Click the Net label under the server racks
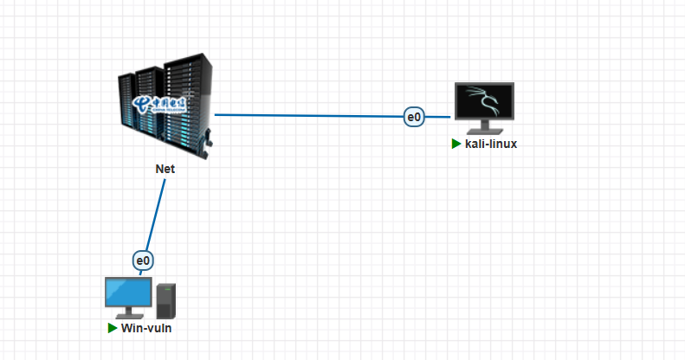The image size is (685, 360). click(x=165, y=169)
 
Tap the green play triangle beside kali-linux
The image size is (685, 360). click(x=456, y=145)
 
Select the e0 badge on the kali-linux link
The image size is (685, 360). click(x=414, y=116)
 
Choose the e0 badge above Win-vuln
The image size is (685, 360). click(x=143, y=260)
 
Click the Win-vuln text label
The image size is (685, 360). click(x=152, y=329)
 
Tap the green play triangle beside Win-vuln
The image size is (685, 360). click(x=112, y=329)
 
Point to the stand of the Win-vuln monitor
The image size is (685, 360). click(x=128, y=314)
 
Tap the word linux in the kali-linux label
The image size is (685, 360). click(x=501, y=145)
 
